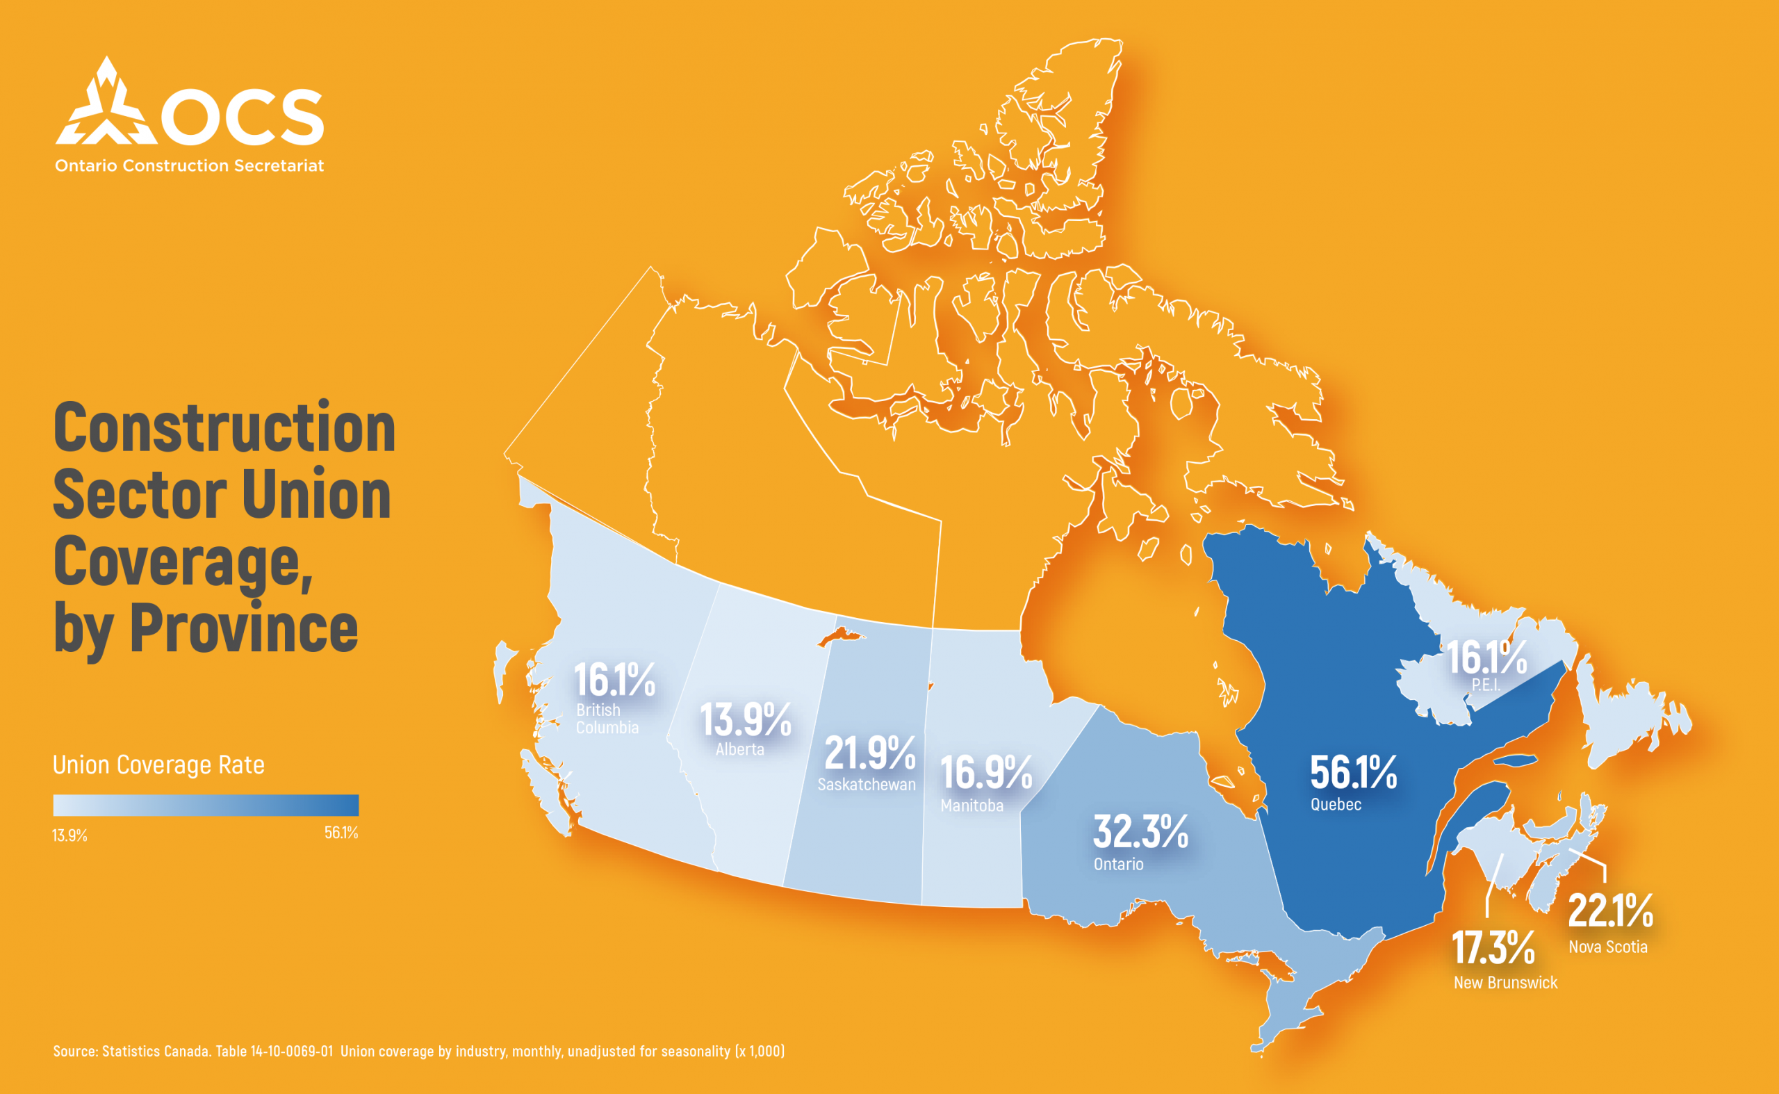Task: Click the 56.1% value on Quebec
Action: [1353, 773]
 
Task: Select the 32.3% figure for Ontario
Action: [1140, 831]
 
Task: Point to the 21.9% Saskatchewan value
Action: [869, 753]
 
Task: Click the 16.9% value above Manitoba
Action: [985, 773]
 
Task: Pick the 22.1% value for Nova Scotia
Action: [1610, 911]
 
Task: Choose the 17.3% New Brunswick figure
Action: [1493, 948]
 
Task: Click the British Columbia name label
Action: [606, 719]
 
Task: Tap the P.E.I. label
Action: [1485, 685]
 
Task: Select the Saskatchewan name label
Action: [866, 784]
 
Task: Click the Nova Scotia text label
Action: [1607, 947]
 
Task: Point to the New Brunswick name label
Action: [1505, 983]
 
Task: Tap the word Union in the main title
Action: [315, 495]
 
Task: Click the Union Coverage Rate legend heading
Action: [158, 765]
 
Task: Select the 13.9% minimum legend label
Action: [69, 835]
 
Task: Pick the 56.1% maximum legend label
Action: [341, 833]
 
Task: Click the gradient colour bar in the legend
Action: [206, 806]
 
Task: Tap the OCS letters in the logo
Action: [243, 117]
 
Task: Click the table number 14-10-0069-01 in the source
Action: [292, 1052]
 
